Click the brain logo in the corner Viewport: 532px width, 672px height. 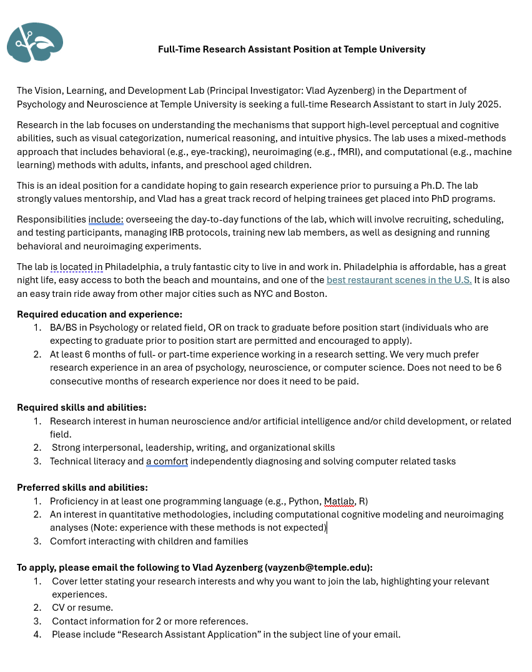pyautogui.click(x=35, y=43)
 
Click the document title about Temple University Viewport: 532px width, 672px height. pyautogui.click(x=292, y=49)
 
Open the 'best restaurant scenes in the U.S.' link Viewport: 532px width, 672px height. pyautogui.click(x=399, y=280)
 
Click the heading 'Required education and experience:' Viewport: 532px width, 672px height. pyautogui.click(x=99, y=314)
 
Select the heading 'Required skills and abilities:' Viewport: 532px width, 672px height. pyautogui.click(x=82, y=408)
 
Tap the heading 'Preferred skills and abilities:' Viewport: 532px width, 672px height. pyautogui.click(x=82, y=488)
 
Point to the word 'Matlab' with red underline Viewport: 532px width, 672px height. pyautogui.click(x=339, y=501)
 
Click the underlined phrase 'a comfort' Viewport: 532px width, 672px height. pyautogui.click(x=167, y=461)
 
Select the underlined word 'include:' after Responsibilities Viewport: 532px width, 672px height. pyautogui.click(x=106, y=219)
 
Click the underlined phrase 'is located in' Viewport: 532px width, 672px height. pyautogui.click(x=76, y=267)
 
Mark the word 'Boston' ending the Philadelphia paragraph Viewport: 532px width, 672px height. pyautogui.click(x=310, y=294)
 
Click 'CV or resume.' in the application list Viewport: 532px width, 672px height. pyautogui.click(x=82, y=608)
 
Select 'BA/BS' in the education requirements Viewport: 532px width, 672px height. pyautogui.click(x=62, y=328)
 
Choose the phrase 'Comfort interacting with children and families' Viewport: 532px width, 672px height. pyautogui.click(x=149, y=541)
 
